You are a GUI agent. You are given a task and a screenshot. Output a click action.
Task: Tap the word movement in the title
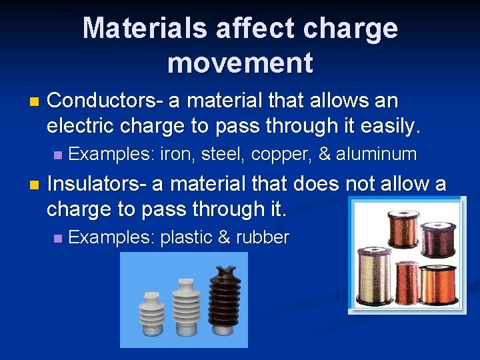coord(240,63)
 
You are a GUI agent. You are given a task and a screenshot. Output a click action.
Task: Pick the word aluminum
coord(376,155)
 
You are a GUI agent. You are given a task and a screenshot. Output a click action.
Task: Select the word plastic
coord(186,237)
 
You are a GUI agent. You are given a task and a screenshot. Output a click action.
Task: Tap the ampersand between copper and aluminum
coord(325,155)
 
